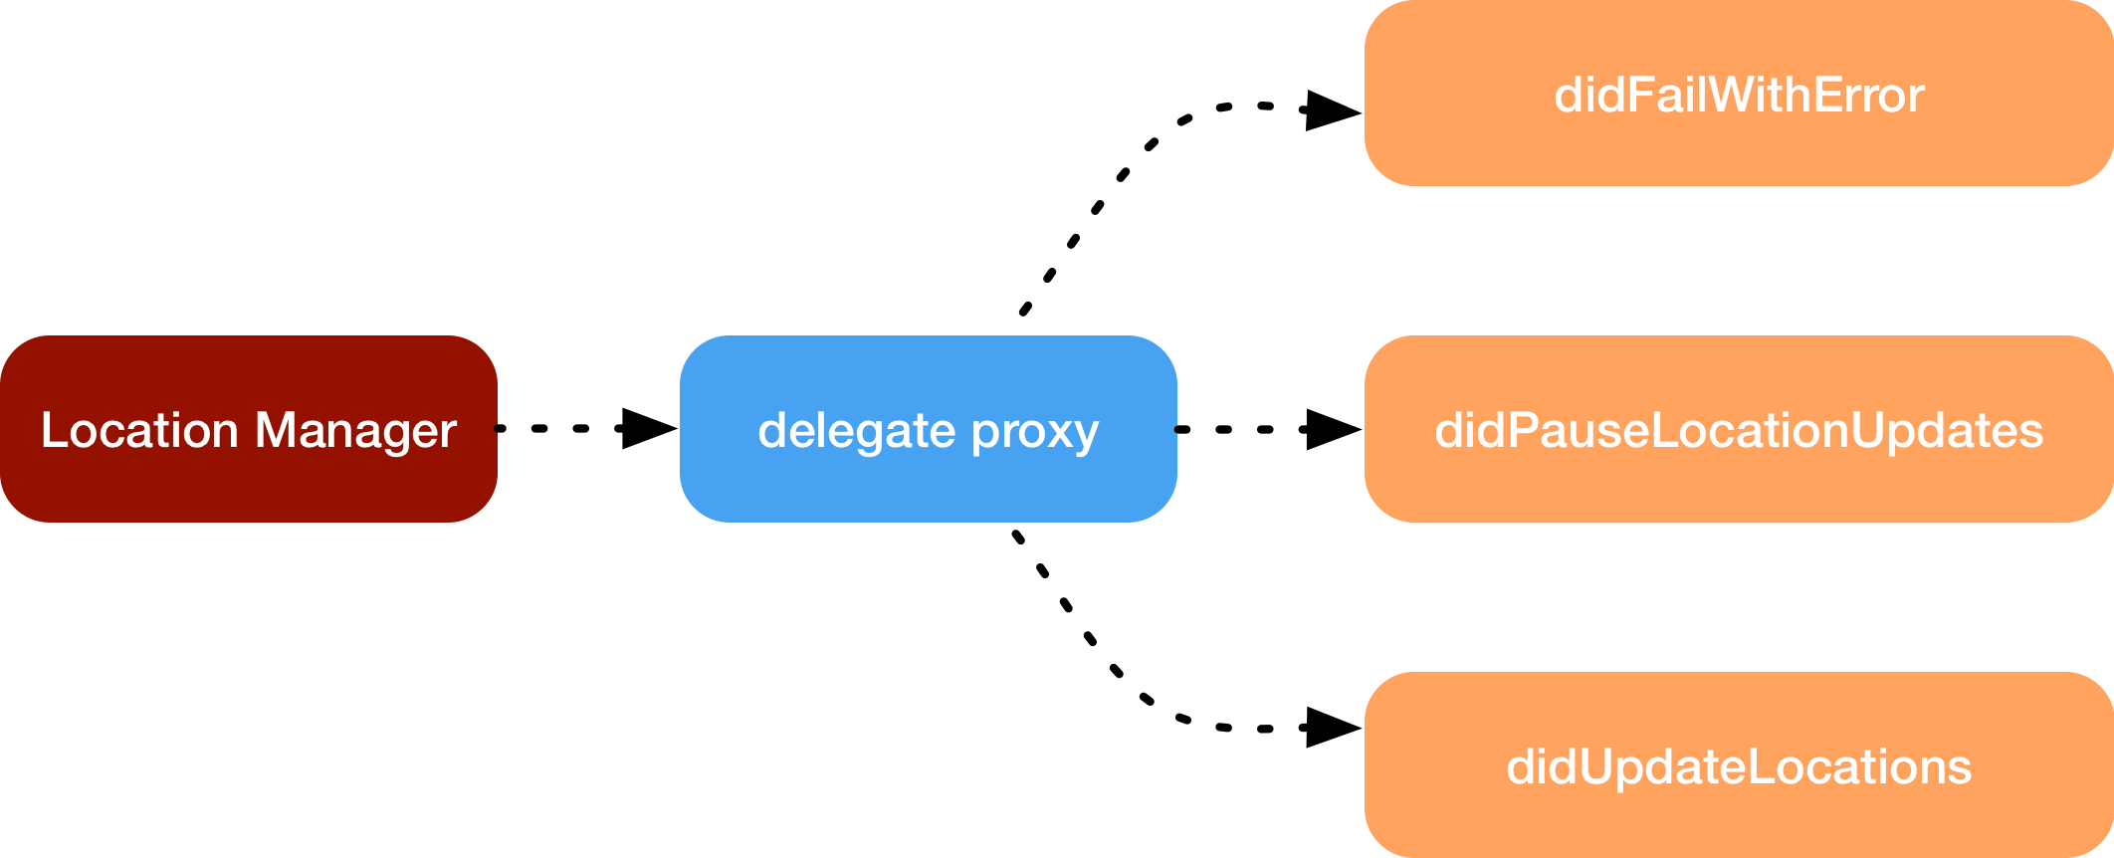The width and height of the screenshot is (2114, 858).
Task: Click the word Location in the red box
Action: (x=139, y=430)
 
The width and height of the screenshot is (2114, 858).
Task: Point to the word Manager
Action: (x=355, y=430)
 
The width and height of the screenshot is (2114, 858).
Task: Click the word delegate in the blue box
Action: (x=856, y=431)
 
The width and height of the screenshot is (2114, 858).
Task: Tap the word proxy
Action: (x=1035, y=431)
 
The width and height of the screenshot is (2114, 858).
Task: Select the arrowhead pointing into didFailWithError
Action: (x=1332, y=109)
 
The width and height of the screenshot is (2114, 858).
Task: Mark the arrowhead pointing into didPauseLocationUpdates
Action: (x=1332, y=429)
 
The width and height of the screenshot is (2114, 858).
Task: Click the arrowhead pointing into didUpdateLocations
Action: (x=1332, y=728)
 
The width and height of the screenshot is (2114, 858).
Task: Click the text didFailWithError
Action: (x=1738, y=96)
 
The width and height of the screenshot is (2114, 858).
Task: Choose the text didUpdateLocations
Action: (x=1738, y=766)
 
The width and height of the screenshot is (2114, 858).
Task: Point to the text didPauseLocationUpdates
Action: (x=1738, y=430)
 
